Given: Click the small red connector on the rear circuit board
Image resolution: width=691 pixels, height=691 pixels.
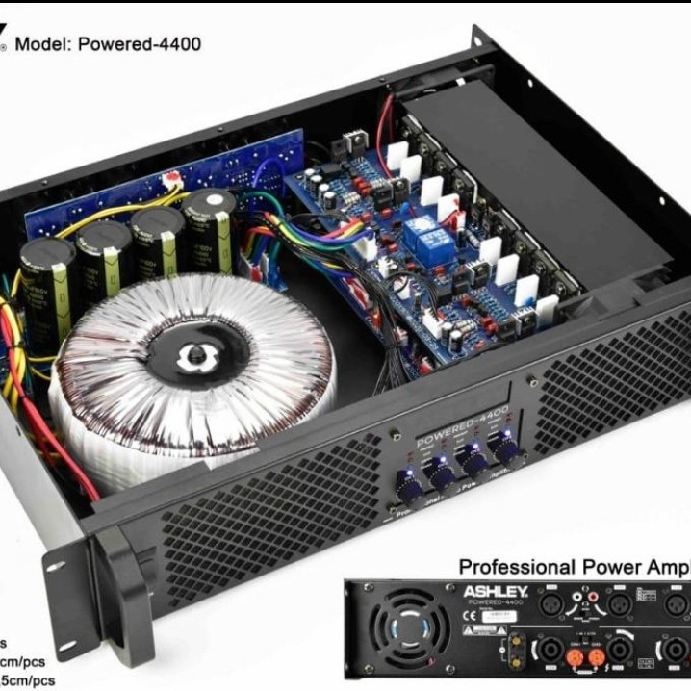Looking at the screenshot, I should click(174, 179).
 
